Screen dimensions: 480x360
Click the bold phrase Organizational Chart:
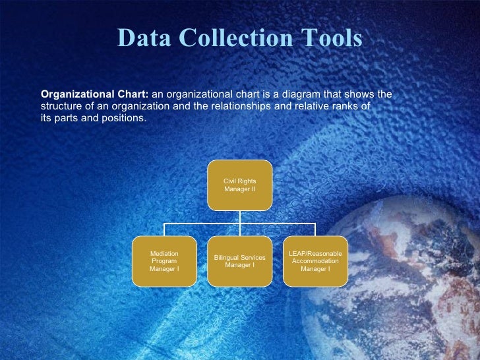pos(95,94)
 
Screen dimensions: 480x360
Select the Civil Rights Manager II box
pos(239,185)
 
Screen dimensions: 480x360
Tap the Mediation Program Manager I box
pos(164,261)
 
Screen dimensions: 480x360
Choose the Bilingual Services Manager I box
pos(239,261)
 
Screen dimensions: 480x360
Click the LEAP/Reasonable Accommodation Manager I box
pos(315,261)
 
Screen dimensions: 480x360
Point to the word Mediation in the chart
pos(164,253)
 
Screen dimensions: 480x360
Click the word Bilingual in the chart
pos(225,257)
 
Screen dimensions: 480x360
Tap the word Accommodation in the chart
pos(315,261)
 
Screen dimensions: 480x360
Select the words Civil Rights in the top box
pos(239,181)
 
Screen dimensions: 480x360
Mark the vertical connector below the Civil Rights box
pos(240,217)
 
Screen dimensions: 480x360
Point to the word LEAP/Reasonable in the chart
pos(315,253)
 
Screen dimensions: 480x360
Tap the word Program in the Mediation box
pos(164,261)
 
